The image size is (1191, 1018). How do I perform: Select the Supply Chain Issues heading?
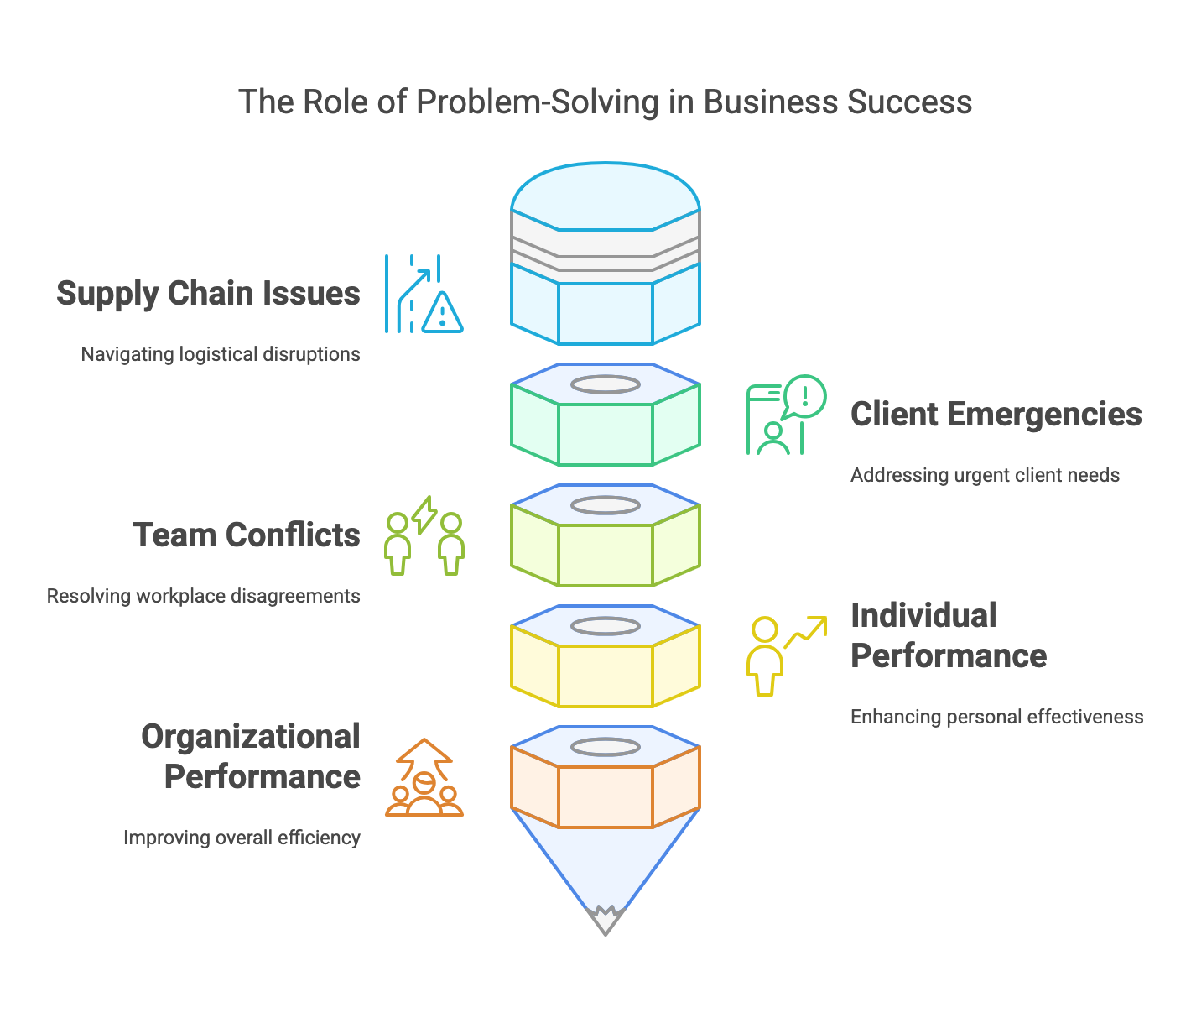[208, 294]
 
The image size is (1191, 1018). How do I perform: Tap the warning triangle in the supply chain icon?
[442, 312]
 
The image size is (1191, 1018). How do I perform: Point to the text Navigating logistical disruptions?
[221, 354]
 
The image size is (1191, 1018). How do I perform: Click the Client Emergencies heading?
[996, 415]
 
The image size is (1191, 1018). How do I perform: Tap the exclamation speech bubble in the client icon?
[804, 396]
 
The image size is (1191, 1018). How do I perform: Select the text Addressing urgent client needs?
[985, 475]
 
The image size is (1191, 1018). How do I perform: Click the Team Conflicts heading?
[247, 535]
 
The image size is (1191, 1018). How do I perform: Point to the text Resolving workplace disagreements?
[203, 596]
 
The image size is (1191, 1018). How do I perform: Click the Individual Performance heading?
[948, 636]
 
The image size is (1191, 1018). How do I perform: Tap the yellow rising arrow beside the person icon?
[807, 630]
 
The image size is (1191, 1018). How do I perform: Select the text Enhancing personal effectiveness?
[996, 717]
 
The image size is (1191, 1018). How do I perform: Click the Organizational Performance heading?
[251, 757]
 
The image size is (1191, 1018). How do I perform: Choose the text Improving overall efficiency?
[242, 838]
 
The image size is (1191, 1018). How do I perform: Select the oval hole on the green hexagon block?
[605, 384]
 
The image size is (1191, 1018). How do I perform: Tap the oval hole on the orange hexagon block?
[605, 747]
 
